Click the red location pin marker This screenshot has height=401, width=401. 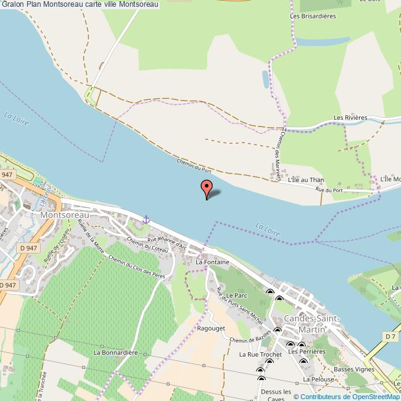coord(206,188)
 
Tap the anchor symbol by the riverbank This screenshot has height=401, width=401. coord(146,219)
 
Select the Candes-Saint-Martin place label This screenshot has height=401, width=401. coord(310,323)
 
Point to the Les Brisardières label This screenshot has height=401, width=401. coord(313,16)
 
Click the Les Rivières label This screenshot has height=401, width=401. coord(350,117)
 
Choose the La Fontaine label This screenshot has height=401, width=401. coord(212,262)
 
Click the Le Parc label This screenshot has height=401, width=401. coord(237,297)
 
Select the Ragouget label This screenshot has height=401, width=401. coord(210,329)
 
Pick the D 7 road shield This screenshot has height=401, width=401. coord(389,336)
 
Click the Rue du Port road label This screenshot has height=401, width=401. coord(329,190)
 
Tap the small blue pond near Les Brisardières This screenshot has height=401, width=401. coord(265,79)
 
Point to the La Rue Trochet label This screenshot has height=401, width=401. coord(260,355)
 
